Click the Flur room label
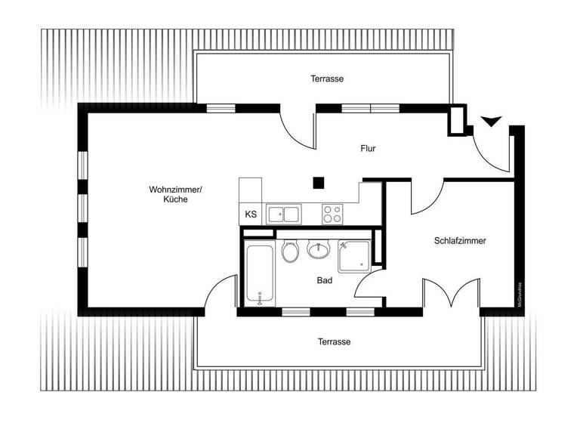tap(368, 149)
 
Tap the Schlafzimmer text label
tap(460, 241)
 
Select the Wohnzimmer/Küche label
tap(174, 194)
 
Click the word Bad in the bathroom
tap(325, 280)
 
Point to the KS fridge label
tap(251, 215)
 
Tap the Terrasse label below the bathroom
tap(334, 341)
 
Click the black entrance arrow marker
tap(491, 121)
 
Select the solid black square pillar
tap(319, 182)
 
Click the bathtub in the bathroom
tap(260, 275)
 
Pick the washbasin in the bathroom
tap(318, 248)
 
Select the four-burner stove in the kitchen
tap(332, 214)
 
